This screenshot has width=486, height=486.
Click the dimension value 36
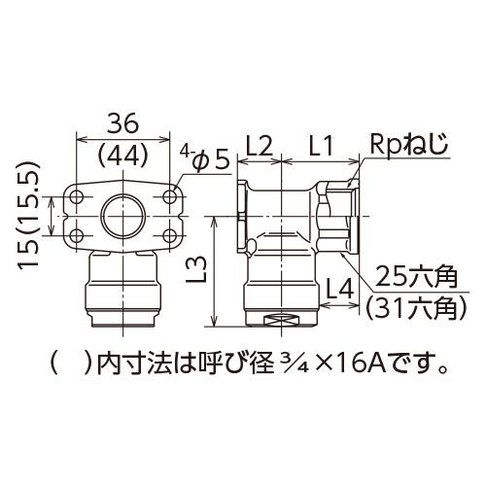pos(122,124)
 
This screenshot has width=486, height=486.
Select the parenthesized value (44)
pos(122,157)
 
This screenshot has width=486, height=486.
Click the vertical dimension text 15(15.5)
pos(29,215)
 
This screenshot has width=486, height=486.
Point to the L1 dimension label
pos(321,147)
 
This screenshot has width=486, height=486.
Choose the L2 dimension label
pos(259,147)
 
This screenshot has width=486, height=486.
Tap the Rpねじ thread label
pos(409,145)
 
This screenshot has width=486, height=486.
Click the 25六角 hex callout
pos(417,277)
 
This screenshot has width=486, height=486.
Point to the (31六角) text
pos(416,308)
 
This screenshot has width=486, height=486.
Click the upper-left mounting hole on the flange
pos(77,196)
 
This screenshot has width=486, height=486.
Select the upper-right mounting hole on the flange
pos(169,196)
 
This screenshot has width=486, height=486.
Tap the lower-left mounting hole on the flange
pos(77,235)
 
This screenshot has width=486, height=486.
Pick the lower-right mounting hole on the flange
pos(169,235)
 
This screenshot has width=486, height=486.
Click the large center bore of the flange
pos(123,216)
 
